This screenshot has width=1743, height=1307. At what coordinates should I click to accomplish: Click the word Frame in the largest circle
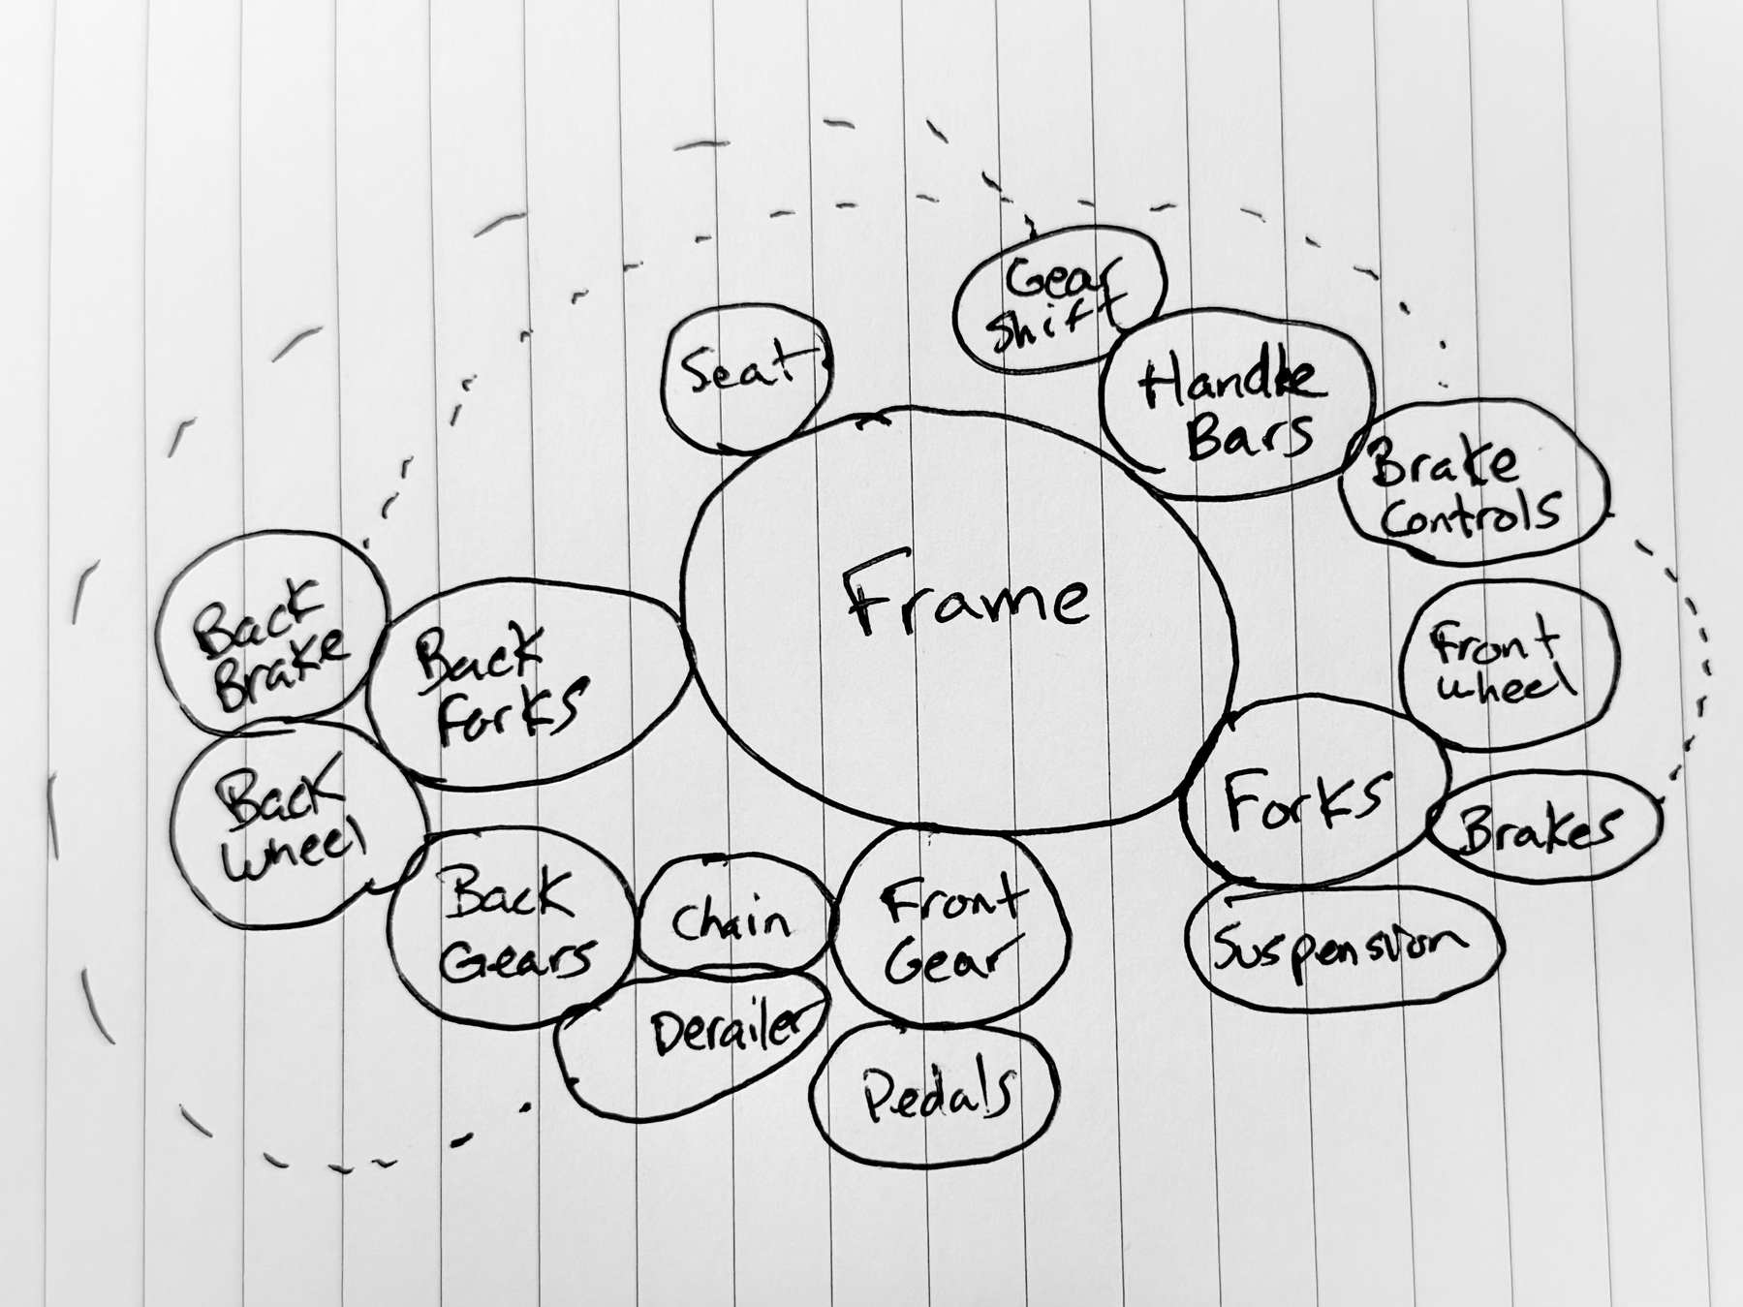[967, 599]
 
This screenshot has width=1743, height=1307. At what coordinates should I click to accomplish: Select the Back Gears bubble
[511, 925]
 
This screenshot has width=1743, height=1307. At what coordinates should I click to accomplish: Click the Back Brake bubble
[271, 635]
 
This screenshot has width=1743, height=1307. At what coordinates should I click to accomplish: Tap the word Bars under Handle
[1250, 436]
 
